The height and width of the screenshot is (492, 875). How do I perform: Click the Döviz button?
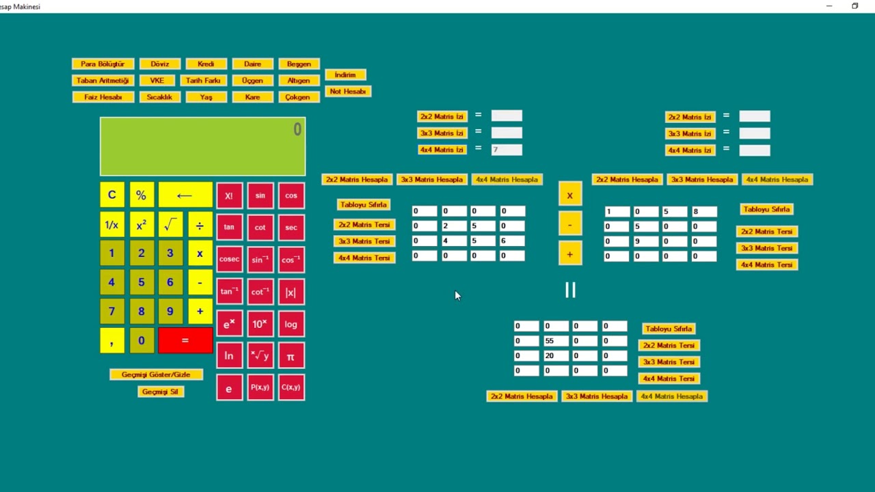pos(160,64)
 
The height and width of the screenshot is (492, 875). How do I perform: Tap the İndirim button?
pos(345,75)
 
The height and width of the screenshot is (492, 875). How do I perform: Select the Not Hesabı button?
pos(348,92)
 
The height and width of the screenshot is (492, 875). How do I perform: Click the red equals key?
pos(185,340)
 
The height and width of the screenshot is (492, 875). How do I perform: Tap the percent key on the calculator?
pos(141,195)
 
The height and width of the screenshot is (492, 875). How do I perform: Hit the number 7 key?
pos(111,312)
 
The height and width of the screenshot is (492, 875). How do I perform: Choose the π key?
pos(291,356)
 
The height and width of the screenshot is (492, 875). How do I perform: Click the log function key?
pos(291,324)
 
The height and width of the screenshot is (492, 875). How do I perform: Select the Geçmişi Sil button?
pos(160,392)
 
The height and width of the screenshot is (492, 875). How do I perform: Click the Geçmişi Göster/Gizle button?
pos(156,374)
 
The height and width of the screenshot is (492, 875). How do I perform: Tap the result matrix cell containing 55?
pos(555,341)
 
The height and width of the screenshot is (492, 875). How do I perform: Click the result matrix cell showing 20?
pos(555,356)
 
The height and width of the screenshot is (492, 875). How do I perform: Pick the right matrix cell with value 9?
pos(645,241)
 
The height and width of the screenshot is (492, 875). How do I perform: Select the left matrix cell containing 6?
pos(511,241)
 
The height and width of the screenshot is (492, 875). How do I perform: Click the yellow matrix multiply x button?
pos(569,196)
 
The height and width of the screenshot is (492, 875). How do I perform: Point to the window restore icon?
pos(854,6)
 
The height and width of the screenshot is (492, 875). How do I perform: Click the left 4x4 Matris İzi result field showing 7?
pos(506,150)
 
